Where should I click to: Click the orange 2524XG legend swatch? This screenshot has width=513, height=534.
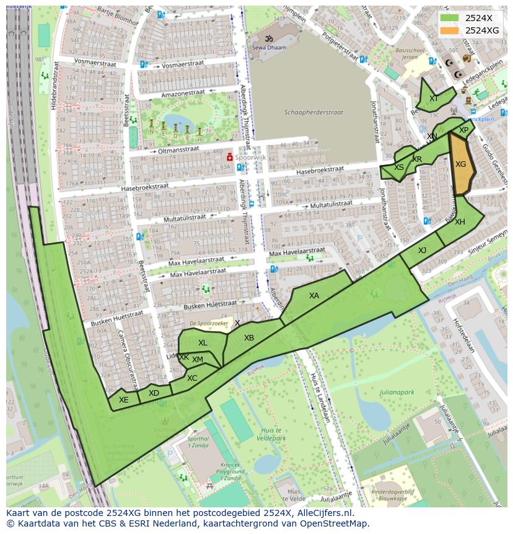[450, 30]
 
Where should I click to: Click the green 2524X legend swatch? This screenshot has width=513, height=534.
[450, 18]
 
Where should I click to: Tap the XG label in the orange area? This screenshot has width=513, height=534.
[460, 164]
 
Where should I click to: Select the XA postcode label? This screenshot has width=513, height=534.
[314, 296]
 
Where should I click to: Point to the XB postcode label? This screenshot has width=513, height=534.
[249, 338]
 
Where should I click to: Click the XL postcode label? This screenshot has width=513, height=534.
[203, 343]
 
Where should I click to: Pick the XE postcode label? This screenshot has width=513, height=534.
[124, 400]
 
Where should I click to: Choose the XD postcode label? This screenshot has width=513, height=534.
[154, 393]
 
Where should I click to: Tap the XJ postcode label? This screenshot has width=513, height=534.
[422, 251]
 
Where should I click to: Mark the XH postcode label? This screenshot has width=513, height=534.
[460, 222]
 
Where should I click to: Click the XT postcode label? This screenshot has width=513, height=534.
[434, 99]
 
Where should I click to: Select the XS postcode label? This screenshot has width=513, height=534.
[399, 168]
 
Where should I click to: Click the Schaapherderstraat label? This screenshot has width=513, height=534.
[313, 113]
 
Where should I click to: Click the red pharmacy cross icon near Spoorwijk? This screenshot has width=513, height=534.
[229, 158]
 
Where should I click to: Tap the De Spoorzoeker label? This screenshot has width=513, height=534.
[209, 324]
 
